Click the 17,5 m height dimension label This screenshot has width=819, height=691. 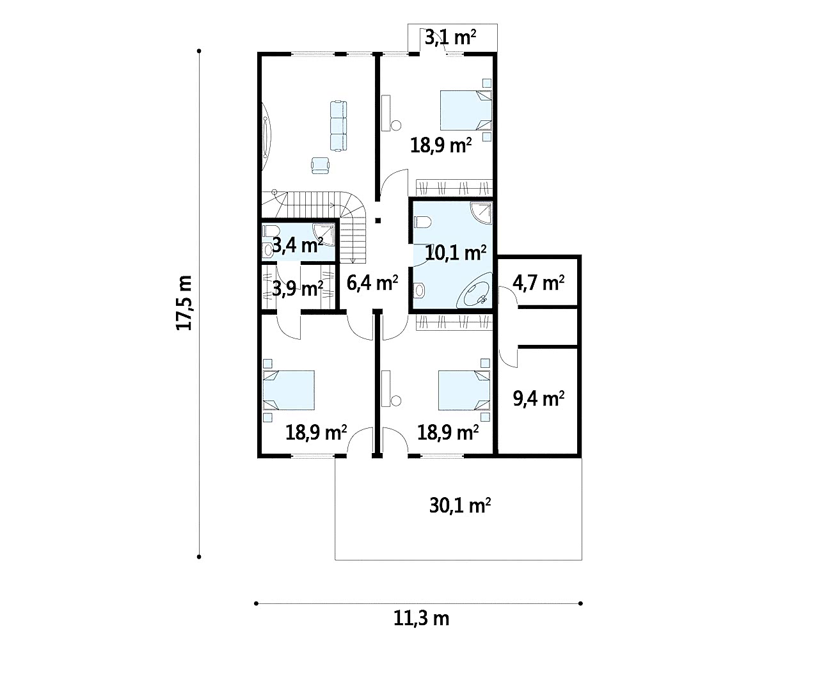coord(184,303)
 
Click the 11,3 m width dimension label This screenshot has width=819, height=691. coord(421,619)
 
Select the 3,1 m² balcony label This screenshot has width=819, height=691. coord(450,38)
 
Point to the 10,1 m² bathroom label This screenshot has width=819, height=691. coord(456,253)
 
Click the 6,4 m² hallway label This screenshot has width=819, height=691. coord(372,282)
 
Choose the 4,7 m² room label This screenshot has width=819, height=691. coord(539,283)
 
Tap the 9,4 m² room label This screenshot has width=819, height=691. coord(539,399)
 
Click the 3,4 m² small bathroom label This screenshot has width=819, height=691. coord(298,246)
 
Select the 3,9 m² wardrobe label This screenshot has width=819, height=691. coord(298,289)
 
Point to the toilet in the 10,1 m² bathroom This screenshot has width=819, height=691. coord(422,222)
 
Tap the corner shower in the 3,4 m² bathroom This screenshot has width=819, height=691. coord(324,234)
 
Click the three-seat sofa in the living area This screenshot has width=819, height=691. coord(338,126)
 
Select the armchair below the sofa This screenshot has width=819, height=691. coord(320,165)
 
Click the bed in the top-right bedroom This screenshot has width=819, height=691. coord(466,110)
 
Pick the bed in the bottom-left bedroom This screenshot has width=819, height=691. coord(289,390)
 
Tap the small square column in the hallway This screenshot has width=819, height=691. coord(378,221)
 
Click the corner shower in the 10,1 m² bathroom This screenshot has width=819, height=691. coord(481,213)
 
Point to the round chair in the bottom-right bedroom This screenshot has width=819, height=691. coord(396,401)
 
